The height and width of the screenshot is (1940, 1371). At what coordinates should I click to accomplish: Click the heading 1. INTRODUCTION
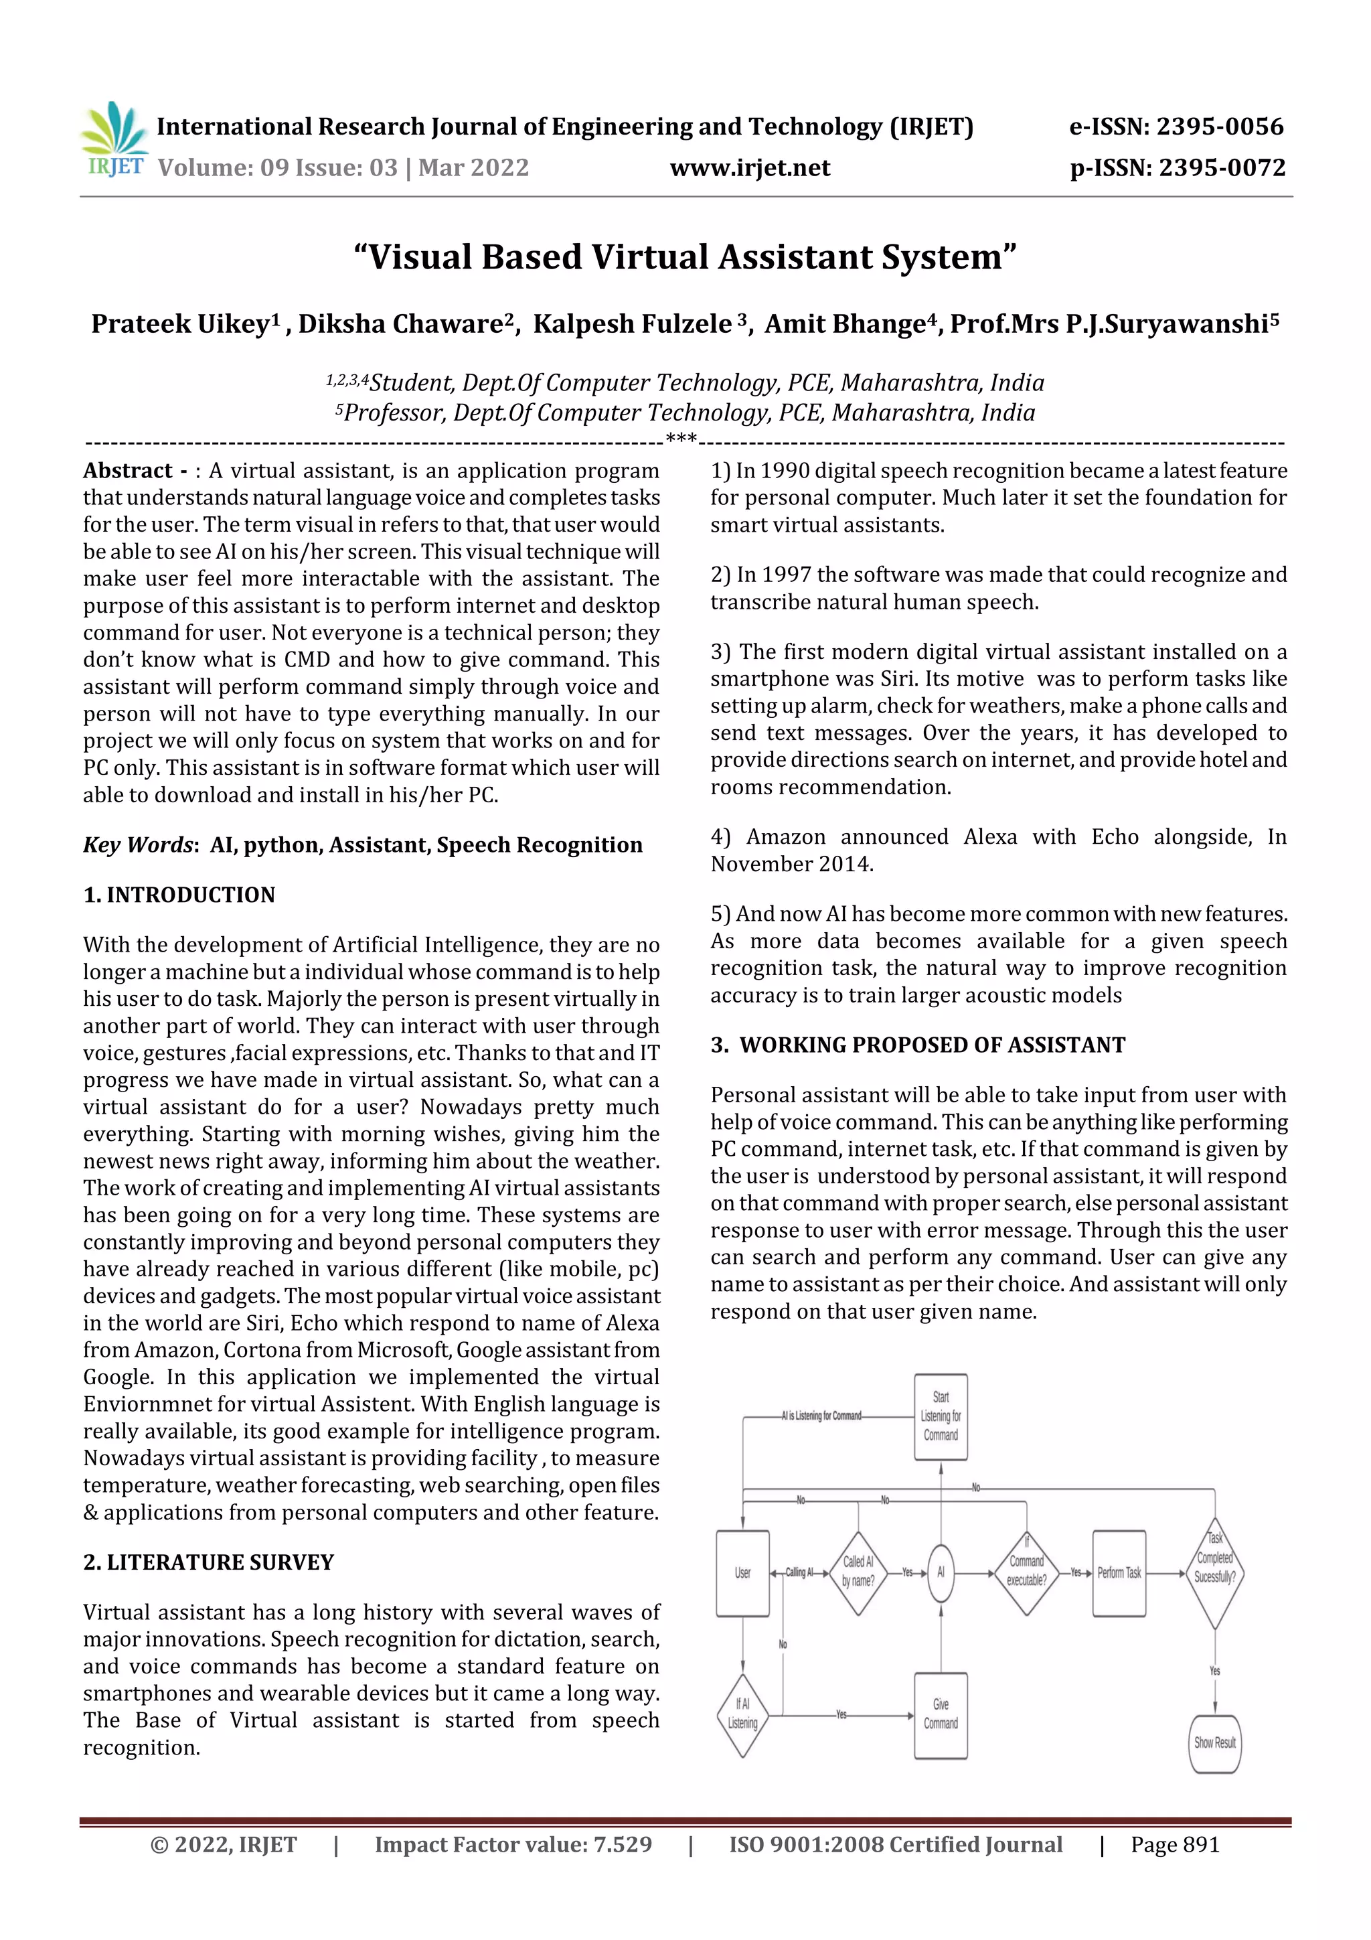coord(179,895)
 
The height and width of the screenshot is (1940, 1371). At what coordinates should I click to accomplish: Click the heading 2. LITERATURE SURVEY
coord(209,1562)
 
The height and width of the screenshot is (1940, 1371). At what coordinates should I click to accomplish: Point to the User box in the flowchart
coord(742,1573)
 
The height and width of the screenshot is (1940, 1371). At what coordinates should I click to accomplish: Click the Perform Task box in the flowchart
coord(1119,1573)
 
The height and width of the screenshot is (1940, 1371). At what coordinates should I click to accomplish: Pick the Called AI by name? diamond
coord(858,1573)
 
